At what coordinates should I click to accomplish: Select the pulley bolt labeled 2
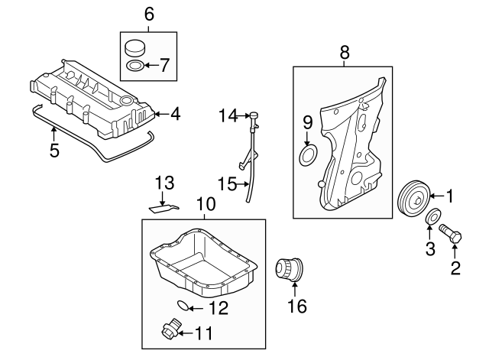point(449,233)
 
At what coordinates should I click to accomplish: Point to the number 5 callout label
point(53,150)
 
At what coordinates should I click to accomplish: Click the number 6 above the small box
point(149,14)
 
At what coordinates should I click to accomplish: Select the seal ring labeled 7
point(134,65)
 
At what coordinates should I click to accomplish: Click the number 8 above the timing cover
point(344,52)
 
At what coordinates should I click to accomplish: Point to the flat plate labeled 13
point(163,206)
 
